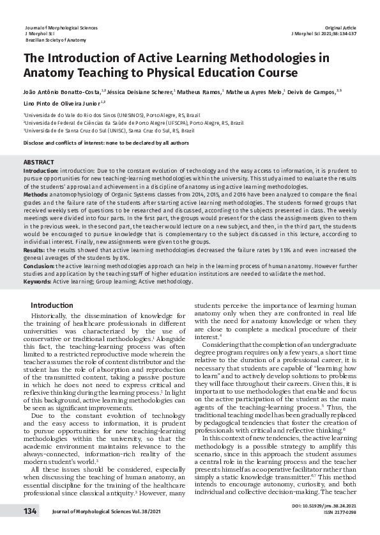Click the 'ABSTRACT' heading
click(x=38, y=163)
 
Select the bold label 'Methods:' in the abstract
click(x=35, y=193)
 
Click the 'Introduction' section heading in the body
click(x=52, y=305)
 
